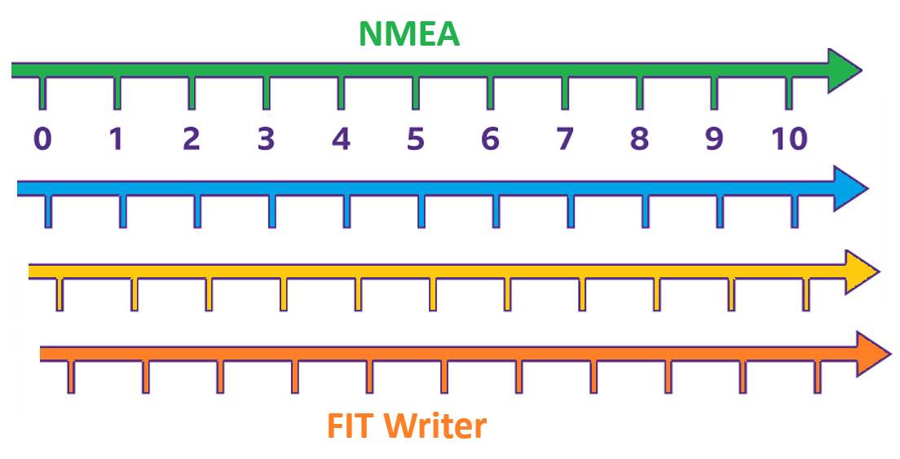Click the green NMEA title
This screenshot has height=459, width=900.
point(409,33)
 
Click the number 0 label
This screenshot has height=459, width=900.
point(42,139)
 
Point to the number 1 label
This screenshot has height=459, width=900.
point(117,139)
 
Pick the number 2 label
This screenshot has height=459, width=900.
point(192,139)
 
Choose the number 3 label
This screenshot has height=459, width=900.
point(266,139)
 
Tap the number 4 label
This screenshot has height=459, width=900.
point(341,139)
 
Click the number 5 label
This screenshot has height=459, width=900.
point(415,139)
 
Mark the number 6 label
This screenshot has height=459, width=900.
point(490,139)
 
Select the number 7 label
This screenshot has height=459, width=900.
point(564,139)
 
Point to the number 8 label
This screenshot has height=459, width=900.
point(639,139)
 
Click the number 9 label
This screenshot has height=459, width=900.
point(714,139)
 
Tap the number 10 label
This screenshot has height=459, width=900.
point(788,139)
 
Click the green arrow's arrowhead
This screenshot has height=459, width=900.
point(843,71)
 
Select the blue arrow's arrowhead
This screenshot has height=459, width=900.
point(849,189)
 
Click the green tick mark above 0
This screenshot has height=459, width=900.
point(42,94)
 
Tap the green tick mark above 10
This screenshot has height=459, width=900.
point(788,94)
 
